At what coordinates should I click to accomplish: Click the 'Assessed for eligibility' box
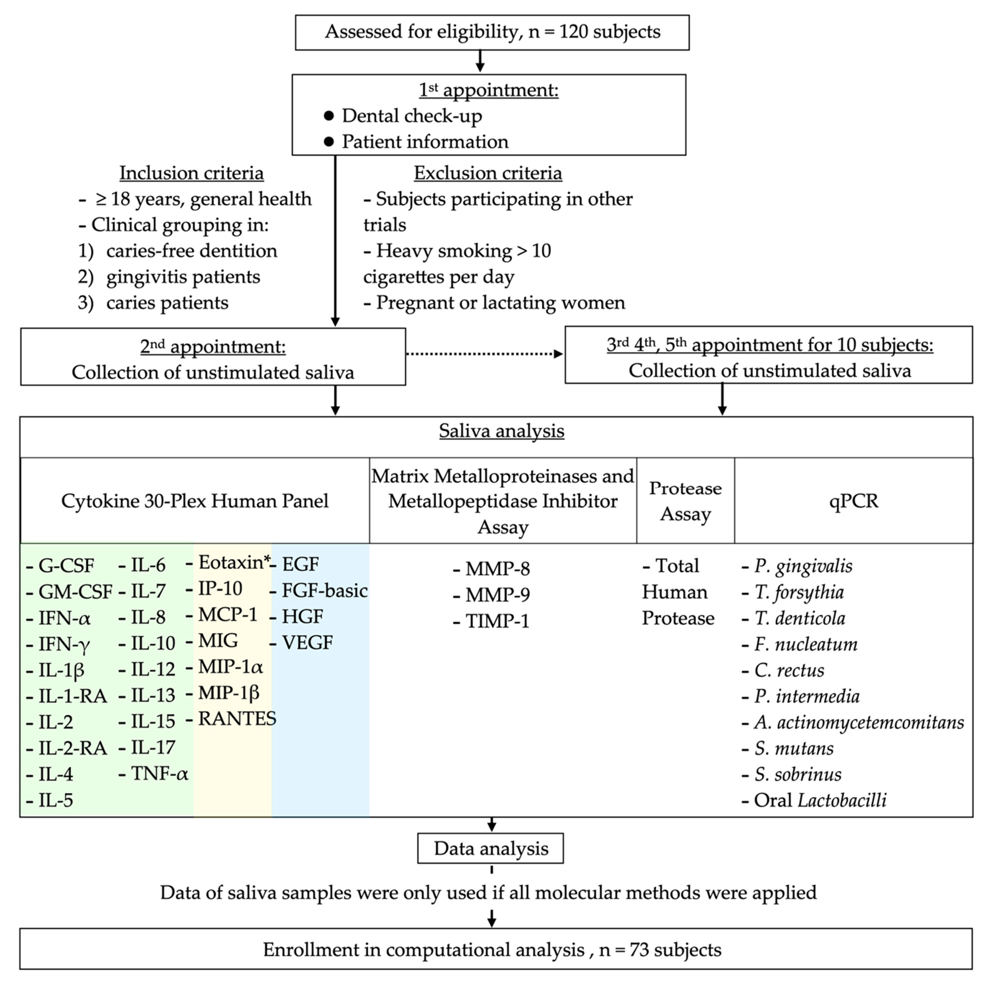tap(492, 32)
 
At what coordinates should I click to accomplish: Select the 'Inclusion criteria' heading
tap(192, 173)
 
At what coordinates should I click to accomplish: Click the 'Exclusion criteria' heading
tap(488, 173)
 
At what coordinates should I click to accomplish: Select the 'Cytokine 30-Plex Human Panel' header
tap(195, 500)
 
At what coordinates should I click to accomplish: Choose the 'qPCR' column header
tap(853, 500)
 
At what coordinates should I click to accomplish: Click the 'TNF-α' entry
tap(159, 773)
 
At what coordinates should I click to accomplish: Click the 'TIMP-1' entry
tap(497, 621)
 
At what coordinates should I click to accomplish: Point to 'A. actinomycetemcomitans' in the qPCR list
tap(859, 723)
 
